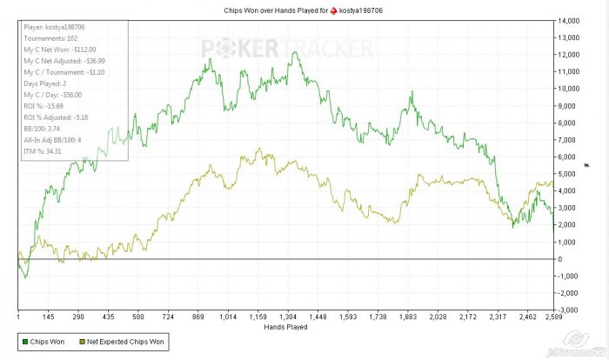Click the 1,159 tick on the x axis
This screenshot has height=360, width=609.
[258, 317]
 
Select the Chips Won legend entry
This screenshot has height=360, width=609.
[43, 342]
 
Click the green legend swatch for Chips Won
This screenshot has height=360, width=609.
[24, 342]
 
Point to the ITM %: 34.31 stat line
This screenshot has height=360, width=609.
[43, 151]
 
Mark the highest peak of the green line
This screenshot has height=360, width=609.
[296, 52]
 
